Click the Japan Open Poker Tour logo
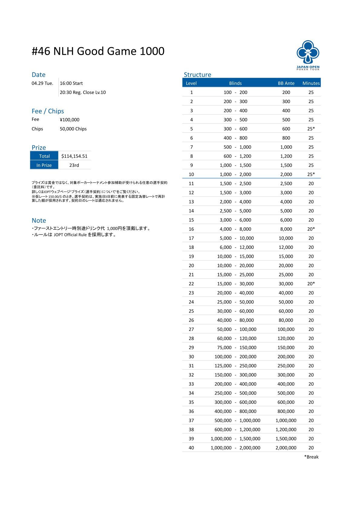click(308, 55)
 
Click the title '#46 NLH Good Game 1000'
click(98, 51)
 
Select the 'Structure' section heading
click(197, 75)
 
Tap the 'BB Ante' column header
click(286, 83)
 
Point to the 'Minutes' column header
click(311, 83)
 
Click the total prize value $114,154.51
click(74, 156)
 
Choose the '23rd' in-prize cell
click(74, 165)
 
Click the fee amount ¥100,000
click(70, 120)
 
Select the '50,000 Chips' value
click(73, 129)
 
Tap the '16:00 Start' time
click(71, 83)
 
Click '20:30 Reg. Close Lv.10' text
click(83, 92)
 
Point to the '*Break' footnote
click(311, 457)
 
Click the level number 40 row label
click(191, 448)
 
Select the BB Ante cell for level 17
click(286, 238)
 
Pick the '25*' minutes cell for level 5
click(311, 129)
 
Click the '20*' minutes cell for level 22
click(311, 284)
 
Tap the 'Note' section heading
click(39, 220)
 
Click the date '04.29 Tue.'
click(42, 83)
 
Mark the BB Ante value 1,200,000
click(286, 430)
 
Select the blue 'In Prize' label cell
click(44, 165)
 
